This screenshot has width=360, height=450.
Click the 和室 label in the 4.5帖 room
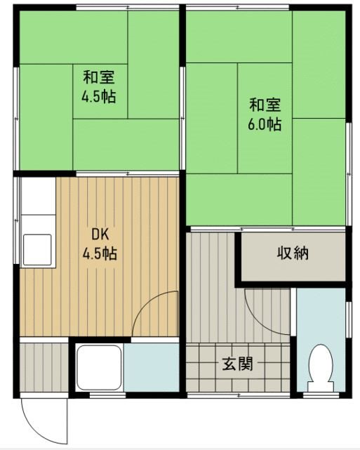(x=99, y=77)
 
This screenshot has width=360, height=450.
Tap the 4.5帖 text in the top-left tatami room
(x=99, y=95)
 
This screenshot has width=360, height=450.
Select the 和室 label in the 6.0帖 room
(x=265, y=106)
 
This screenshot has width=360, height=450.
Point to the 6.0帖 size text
(x=265, y=124)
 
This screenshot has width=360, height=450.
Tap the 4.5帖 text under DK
(x=99, y=253)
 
